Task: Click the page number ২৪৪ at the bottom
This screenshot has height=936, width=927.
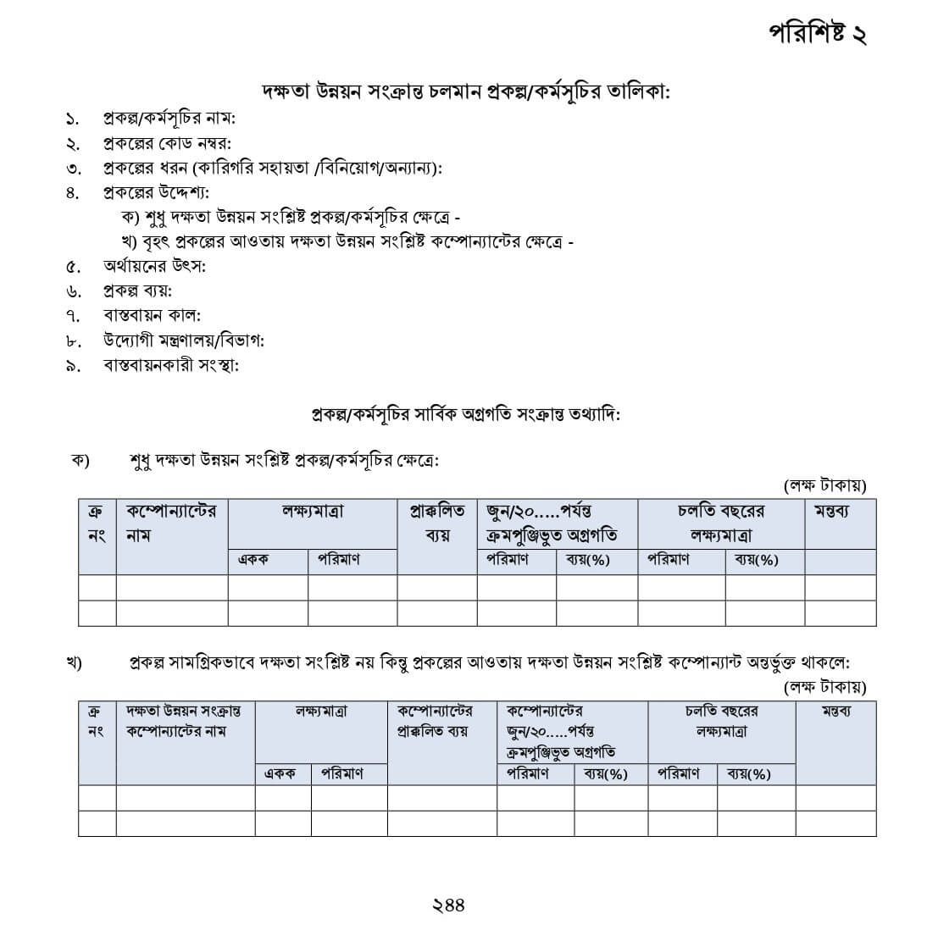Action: (x=447, y=905)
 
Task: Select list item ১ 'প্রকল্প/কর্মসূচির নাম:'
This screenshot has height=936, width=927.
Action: (x=169, y=118)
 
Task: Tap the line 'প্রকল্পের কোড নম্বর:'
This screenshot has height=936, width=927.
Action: (x=167, y=142)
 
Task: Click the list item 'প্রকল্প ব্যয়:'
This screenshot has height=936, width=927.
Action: (x=137, y=291)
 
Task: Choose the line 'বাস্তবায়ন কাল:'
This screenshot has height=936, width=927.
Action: (x=152, y=315)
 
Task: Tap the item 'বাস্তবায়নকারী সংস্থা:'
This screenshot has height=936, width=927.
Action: (x=171, y=365)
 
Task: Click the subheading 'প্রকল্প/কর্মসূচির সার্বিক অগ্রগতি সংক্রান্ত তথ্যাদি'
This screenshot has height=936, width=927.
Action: (x=465, y=415)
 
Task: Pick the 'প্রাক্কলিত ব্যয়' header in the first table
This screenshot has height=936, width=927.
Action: (x=437, y=523)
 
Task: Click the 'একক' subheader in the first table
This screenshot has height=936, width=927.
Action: (x=253, y=560)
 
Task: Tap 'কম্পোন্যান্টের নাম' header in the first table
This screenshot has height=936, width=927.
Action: (x=171, y=523)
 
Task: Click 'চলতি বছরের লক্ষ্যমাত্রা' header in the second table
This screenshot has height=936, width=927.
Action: (x=721, y=721)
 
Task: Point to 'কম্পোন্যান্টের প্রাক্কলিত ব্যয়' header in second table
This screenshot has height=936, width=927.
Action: (x=434, y=721)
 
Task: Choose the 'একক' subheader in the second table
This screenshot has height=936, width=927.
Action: (x=280, y=773)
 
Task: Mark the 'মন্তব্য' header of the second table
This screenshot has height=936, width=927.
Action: (x=835, y=711)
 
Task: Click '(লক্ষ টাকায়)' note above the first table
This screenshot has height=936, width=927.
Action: (x=824, y=485)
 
